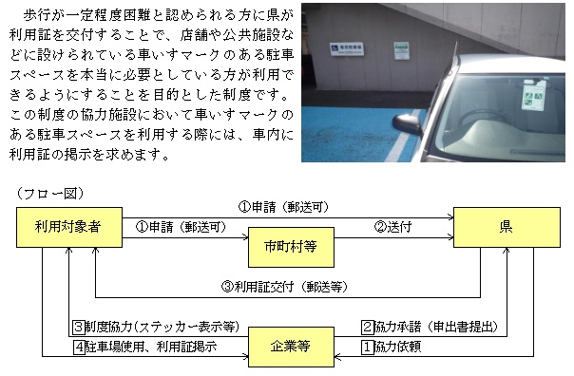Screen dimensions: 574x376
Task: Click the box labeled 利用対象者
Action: tap(68, 229)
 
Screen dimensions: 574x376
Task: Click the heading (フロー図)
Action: tap(50, 193)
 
